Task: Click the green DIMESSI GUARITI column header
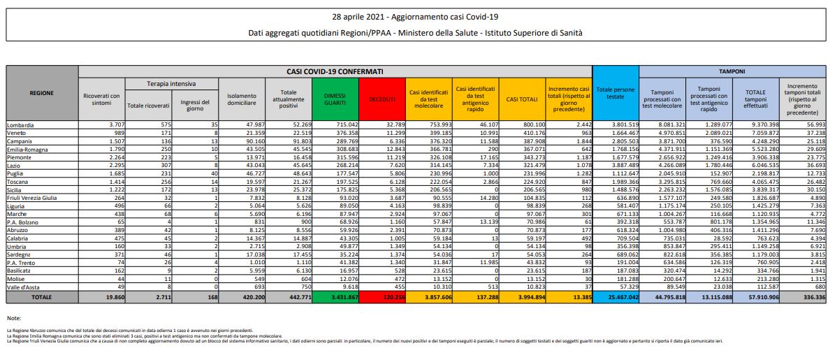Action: tap(334, 99)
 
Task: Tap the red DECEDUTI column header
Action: tap(382, 99)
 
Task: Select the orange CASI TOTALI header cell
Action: tap(521, 99)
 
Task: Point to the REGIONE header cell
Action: tap(43, 92)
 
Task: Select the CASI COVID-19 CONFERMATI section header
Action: tap(335, 71)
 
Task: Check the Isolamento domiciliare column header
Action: tap(240, 99)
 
